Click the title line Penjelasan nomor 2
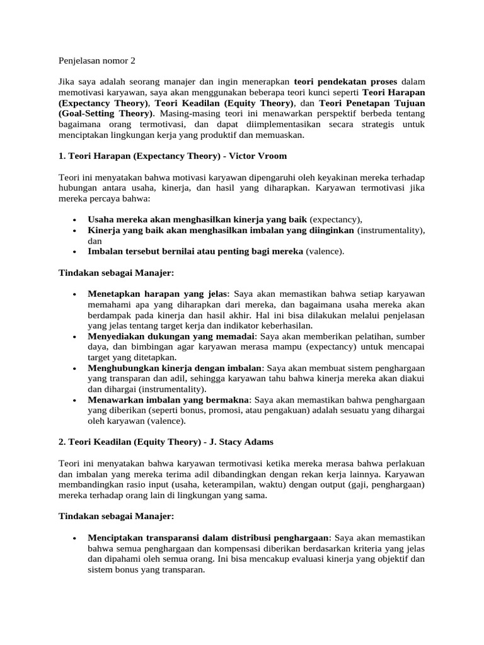(x=96, y=61)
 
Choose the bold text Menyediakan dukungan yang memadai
(x=171, y=336)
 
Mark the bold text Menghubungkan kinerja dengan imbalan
(x=175, y=368)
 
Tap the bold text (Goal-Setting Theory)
(x=106, y=113)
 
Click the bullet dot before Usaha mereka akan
(x=74, y=220)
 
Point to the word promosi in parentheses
(x=236, y=410)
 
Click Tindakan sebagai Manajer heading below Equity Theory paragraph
(x=115, y=516)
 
